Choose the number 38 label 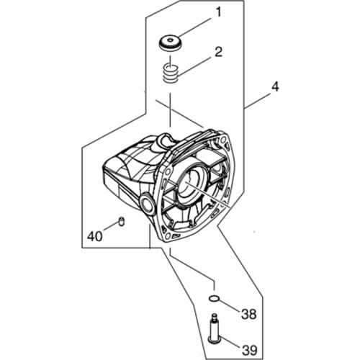point(248,314)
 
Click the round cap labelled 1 point(171,42)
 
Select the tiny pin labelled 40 point(123,220)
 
